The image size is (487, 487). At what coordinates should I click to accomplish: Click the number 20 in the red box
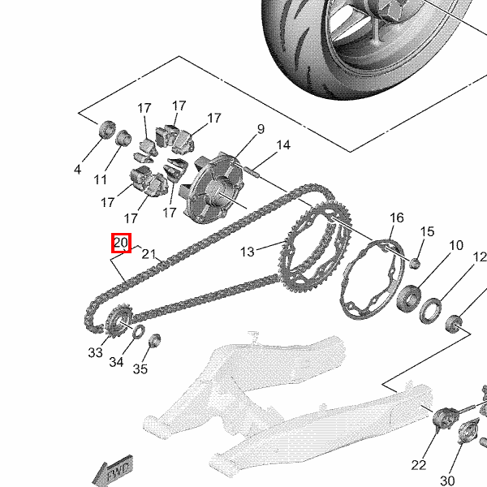(x=121, y=242)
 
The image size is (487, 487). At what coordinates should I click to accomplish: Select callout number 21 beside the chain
(x=149, y=254)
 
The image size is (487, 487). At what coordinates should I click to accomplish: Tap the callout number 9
(x=261, y=129)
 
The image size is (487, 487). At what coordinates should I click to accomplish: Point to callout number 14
(x=283, y=145)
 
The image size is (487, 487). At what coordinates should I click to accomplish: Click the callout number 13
(x=248, y=252)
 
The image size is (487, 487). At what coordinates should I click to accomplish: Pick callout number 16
(x=397, y=218)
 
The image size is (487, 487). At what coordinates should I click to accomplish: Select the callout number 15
(x=427, y=231)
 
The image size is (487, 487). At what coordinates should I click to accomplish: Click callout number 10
(x=456, y=245)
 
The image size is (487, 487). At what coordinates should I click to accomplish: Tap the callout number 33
(x=95, y=352)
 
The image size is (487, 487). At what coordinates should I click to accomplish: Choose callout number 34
(x=116, y=362)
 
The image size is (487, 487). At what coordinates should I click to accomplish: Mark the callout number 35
(x=140, y=369)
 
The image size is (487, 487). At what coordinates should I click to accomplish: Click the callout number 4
(x=78, y=170)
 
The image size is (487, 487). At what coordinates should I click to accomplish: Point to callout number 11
(x=100, y=179)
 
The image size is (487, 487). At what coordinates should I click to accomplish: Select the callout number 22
(x=418, y=465)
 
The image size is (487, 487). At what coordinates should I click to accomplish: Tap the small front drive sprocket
(x=119, y=321)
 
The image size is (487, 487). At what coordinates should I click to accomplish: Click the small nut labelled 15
(x=416, y=264)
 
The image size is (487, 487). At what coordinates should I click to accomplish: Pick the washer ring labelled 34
(x=139, y=332)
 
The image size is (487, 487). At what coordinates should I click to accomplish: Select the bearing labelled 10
(x=409, y=299)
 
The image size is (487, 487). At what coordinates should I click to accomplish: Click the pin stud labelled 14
(x=251, y=172)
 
